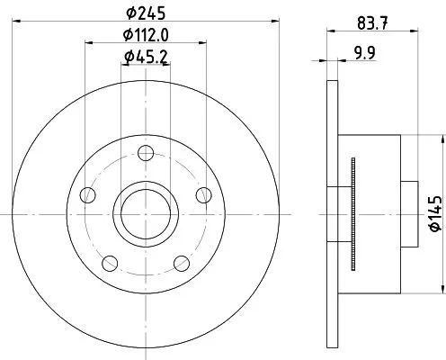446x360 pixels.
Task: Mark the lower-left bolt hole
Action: (109, 262)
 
